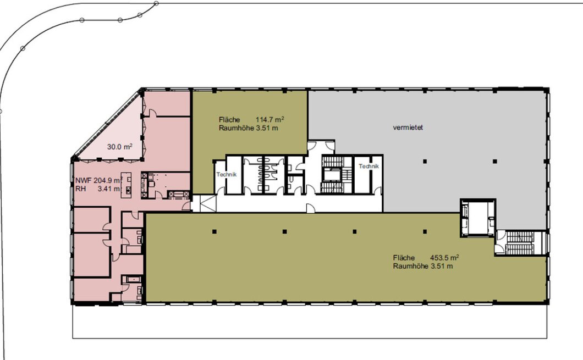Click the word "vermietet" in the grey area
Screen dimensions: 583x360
point(408,128)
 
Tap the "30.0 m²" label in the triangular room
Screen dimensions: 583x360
point(120,147)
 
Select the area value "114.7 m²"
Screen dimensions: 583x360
point(269,119)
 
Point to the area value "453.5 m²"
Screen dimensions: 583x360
point(444,257)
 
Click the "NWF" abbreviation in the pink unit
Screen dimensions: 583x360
point(83,181)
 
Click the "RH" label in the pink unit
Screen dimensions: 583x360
point(80,189)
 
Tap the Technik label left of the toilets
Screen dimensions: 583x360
point(227,174)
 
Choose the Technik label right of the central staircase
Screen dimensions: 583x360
point(369,166)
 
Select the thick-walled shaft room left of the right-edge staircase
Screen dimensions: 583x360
point(478,218)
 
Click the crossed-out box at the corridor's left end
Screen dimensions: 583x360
point(208,203)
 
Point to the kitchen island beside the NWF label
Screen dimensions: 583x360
point(129,183)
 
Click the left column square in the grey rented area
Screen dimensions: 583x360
point(425,161)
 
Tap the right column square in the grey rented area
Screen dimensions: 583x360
point(495,161)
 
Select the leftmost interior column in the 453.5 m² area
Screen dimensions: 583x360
point(214,231)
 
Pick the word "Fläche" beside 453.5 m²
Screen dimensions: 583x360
point(404,257)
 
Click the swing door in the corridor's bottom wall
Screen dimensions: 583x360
point(310,208)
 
